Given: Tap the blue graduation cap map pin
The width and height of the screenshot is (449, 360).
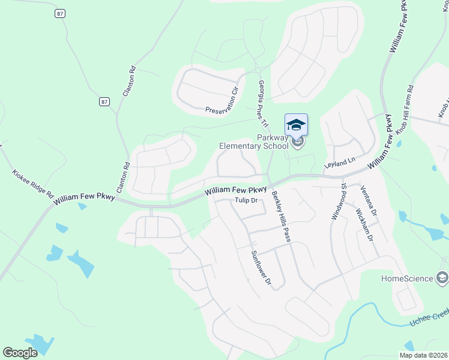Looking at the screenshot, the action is click(x=296, y=125).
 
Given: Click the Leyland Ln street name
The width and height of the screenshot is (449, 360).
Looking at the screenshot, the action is click(x=340, y=161).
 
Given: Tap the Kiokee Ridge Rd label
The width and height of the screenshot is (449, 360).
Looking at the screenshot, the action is click(x=33, y=185).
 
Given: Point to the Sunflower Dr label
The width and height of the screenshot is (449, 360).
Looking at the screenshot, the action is click(x=262, y=267).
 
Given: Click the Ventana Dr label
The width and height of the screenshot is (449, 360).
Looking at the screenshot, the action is click(x=369, y=201).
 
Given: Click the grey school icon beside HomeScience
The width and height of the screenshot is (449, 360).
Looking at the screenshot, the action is click(x=442, y=277).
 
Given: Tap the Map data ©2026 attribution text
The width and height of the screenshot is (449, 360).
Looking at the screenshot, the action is click(x=423, y=355).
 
